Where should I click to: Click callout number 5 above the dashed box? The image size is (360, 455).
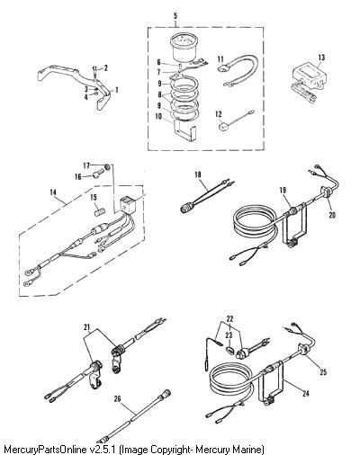pos(175,16)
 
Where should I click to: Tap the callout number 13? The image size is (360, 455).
pos(321,57)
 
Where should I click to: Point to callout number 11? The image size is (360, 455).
pos(220,59)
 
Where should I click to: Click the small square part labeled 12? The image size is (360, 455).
pos(222,126)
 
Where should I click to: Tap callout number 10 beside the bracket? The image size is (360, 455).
pos(158,116)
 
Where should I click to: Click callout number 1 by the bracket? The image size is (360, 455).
pos(117,90)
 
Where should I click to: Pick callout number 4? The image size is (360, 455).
pos(86,97)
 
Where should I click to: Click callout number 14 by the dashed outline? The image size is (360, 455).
pos(53,192)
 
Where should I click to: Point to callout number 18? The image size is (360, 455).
pos(198,174)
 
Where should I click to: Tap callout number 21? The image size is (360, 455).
pos(87,328)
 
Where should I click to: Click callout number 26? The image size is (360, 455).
pos(117,398)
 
